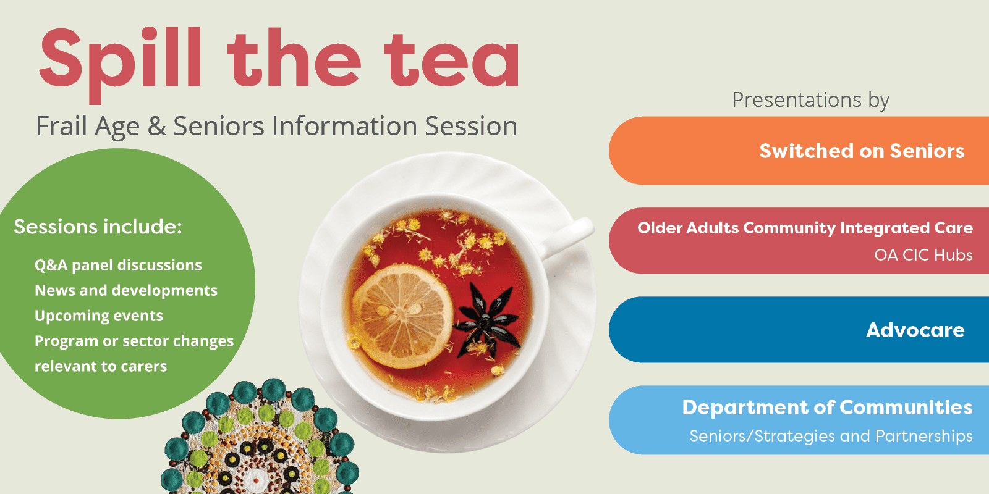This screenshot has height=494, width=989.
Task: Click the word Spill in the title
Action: point(121,65)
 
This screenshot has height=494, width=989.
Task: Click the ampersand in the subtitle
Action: point(156,126)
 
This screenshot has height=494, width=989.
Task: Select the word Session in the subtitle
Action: point(471,126)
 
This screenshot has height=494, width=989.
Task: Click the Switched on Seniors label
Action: point(862,151)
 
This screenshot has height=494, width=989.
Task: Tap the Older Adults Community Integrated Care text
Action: point(805,228)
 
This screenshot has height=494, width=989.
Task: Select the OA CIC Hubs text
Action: point(923,255)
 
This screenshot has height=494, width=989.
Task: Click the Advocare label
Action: point(915,330)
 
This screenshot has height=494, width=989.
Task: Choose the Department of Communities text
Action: point(828,407)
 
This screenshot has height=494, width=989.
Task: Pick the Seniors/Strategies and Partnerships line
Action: point(831,436)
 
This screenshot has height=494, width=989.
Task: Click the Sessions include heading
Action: point(98,227)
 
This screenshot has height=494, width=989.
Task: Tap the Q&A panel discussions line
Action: point(118,265)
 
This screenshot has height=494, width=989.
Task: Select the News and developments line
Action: point(126,290)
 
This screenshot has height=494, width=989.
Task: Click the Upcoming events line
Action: point(99,316)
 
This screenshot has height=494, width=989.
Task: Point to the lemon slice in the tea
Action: point(402,316)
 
